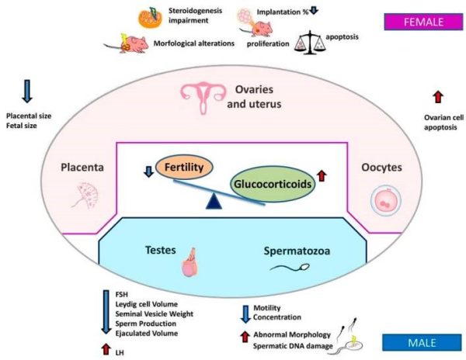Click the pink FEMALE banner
(x=423, y=22)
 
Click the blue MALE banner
(x=422, y=342)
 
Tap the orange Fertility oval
(x=184, y=167)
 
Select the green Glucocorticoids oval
(x=273, y=184)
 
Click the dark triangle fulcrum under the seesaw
(x=214, y=201)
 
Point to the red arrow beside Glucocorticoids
(x=322, y=175)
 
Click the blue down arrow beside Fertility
(x=148, y=171)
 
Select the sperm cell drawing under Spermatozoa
(x=290, y=268)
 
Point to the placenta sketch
(x=87, y=195)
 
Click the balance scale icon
(x=309, y=43)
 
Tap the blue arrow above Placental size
(x=27, y=91)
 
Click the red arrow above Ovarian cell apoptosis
(x=438, y=97)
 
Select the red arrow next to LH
(x=106, y=349)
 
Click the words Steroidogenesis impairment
(x=195, y=16)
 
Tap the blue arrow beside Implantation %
(x=314, y=10)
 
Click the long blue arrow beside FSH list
(x=106, y=312)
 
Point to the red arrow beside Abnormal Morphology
(x=245, y=337)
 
